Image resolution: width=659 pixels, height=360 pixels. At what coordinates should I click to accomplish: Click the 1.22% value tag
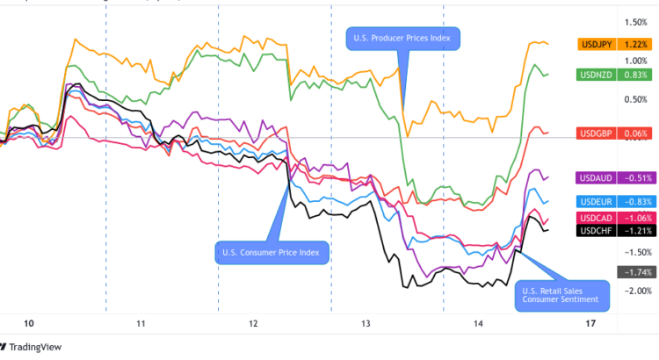tap(635, 43)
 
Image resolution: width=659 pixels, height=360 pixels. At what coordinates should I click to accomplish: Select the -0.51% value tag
tap(635, 176)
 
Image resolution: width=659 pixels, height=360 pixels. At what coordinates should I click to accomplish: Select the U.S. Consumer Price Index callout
tap(271, 253)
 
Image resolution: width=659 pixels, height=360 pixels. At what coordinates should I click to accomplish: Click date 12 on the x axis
tap(253, 324)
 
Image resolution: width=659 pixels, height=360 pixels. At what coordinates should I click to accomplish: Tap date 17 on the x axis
tap(590, 324)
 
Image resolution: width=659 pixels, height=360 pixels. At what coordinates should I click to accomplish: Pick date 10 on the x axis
tap(28, 324)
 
